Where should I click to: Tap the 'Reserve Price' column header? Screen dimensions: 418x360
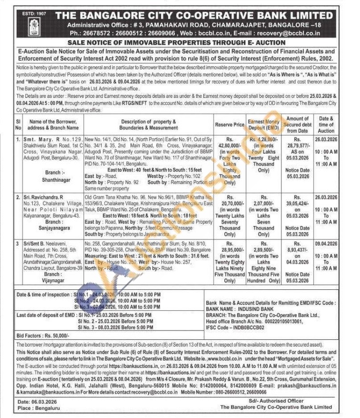[x=229, y=125]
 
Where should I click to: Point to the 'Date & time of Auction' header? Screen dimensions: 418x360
[x=326, y=125]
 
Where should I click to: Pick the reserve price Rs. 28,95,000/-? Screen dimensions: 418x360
[x=229, y=250]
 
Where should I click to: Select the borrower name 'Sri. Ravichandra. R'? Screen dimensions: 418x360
[x=43, y=197]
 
